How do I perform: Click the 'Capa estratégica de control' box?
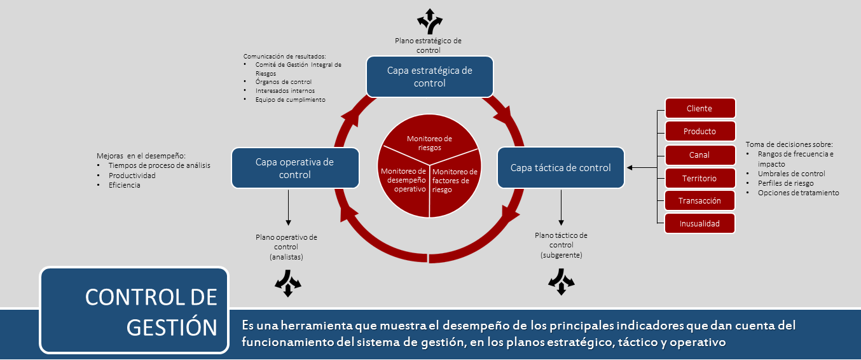click(429, 76)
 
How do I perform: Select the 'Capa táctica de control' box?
click(560, 168)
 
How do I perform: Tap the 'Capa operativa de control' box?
click(294, 168)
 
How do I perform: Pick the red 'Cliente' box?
click(699, 108)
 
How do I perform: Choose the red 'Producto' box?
click(699, 131)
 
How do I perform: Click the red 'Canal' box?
click(699, 155)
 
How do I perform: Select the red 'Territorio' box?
click(699, 178)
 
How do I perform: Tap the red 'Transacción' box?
click(699, 200)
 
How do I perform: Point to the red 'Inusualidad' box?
click(699, 223)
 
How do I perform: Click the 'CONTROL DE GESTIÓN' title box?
click(134, 310)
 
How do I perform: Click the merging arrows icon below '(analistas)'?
click(287, 282)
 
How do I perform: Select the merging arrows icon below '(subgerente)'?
click(561, 282)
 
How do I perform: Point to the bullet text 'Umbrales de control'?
click(791, 174)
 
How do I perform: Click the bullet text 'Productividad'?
click(132, 175)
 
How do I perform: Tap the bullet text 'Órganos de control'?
click(283, 82)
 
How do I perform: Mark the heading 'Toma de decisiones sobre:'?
click(789, 144)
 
